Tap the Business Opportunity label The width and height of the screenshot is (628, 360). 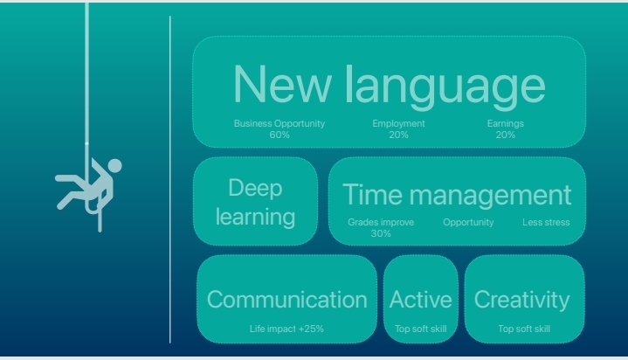click(x=279, y=123)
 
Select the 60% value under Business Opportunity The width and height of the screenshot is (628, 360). click(x=279, y=135)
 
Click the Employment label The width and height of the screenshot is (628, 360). click(x=398, y=123)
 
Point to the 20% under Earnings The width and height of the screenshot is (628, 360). click(x=506, y=135)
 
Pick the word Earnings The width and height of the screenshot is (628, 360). click(x=506, y=123)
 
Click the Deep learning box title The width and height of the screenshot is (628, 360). click(x=256, y=203)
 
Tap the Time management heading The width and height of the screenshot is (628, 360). click(x=457, y=195)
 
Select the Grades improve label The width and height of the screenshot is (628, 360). click(x=381, y=222)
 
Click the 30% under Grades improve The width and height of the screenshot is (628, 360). click(x=381, y=233)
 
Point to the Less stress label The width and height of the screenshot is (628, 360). click(x=546, y=222)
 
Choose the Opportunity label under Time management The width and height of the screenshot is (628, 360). click(x=468, y=223)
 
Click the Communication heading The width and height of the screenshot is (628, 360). click(x=287, y=300)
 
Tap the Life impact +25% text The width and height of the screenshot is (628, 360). click(x=286, y=329)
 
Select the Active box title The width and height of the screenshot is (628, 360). click(x=420, y=300)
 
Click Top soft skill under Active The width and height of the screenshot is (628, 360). click(x=420, y=329)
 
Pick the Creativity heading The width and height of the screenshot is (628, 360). click(x=521, y=300)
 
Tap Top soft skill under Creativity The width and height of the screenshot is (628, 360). click(x=524, y=329)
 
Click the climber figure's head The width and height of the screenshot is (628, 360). click(x=114, y=166)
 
